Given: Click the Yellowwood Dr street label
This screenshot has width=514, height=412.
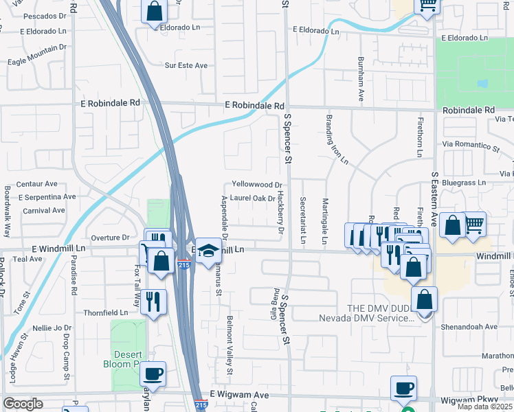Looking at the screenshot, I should tap(257, 185).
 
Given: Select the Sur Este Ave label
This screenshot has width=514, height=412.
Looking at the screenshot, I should tap(186, 66).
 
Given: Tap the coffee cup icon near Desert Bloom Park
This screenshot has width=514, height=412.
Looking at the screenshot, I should tap(153, 374).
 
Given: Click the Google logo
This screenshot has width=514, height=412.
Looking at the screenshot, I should tap(23, 404).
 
